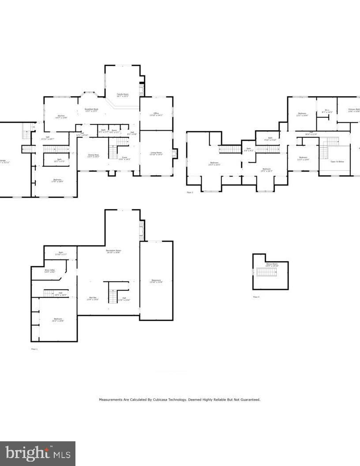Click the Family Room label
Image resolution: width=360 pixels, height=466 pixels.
pyautogui.click(x=123, y=95)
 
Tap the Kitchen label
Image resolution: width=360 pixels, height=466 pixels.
pyautogui.click(x=61, y=116)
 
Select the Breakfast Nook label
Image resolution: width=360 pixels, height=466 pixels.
pyautogui.click(x=91, y=110)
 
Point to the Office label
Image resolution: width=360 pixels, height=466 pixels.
pyautogui.click(x=156, y=114)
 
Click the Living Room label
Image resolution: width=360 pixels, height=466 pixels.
pyautogui.click(x=157, y=154)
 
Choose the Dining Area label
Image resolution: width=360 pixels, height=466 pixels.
pyautogui.click(x=93, y=155)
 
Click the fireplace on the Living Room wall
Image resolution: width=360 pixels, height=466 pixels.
pyautogui.click(x=174, y=154)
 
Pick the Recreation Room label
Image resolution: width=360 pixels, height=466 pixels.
pyautogui.click(x=113, y=251)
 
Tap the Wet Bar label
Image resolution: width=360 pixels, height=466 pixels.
pyautogui.click(x=93, y=298)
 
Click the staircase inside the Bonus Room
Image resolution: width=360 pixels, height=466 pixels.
pyautogui.click(x=266, y=272)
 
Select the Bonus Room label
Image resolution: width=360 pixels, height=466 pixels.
pyautogui.click(x=271, y=265)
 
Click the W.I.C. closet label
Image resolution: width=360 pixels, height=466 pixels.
pyautogui.click(x=327, y=111)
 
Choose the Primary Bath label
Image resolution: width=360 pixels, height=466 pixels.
pyautogui.click(x=354, y=110)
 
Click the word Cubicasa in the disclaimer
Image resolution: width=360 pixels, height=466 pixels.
pyautogui.click(x=162, y=400)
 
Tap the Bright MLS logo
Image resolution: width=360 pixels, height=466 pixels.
pyautogui.click(x=37, y=453)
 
